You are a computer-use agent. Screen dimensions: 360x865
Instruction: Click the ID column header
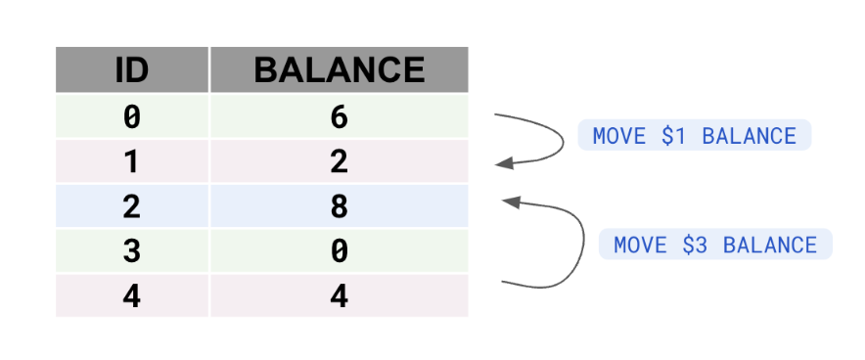[131, 70]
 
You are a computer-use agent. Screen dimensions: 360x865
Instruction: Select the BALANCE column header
[339, 70]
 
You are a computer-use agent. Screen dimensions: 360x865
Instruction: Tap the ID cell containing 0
[131, 116]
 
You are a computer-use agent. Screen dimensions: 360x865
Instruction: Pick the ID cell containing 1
[131, 161]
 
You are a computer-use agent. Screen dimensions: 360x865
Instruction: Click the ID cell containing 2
[131, 206]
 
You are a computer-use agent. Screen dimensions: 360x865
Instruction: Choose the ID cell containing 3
[131, 251]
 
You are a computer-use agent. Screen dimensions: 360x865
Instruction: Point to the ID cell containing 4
[131, 295]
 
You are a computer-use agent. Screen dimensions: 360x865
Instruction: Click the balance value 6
[339, 116]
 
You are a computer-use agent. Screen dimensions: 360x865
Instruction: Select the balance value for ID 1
[339, 161]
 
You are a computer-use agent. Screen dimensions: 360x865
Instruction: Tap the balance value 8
[339, 206]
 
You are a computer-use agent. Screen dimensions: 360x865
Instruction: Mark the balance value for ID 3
[339, 251]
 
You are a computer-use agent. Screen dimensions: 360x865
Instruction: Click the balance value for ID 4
[339, 295]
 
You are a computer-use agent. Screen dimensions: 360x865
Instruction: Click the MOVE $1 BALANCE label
[695, 136]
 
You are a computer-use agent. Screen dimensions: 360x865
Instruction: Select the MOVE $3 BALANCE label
[715, 245]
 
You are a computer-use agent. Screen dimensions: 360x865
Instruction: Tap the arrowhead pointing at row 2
[508, 201]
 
